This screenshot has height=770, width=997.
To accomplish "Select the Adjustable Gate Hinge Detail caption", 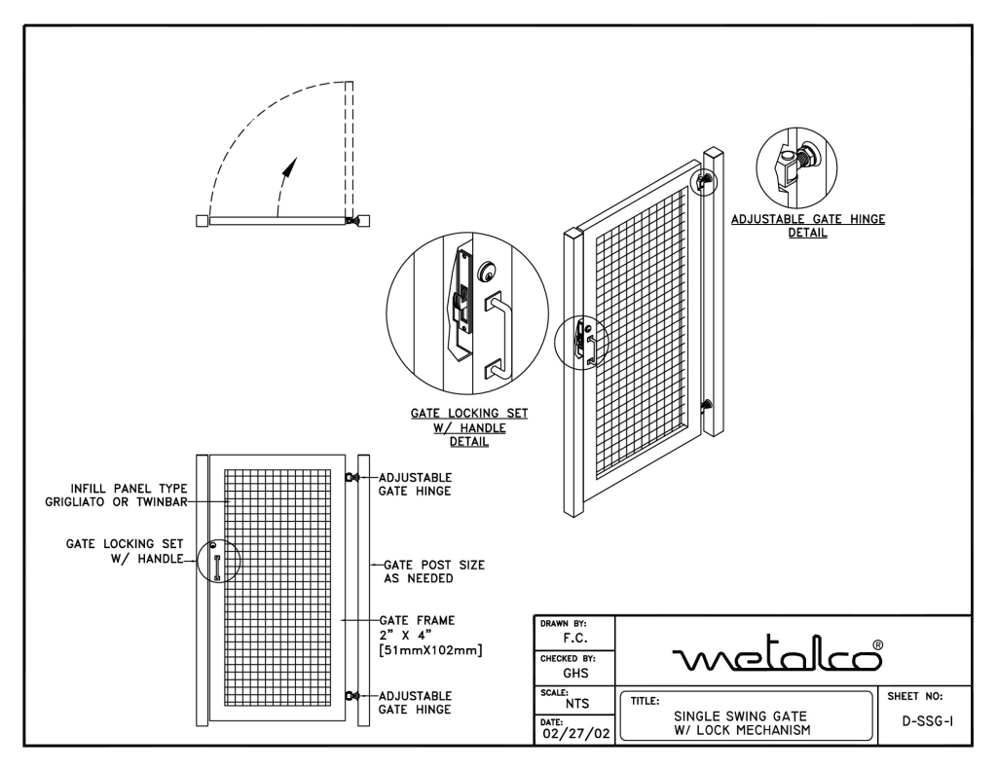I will click(x=807, y=226).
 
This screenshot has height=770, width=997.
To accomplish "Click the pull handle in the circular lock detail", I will click(x=499, y=335).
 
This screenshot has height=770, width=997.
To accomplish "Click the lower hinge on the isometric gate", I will click(x=707, y=404).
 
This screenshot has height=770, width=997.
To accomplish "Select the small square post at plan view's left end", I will click(x=201, y=221).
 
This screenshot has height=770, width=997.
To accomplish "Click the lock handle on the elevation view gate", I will click(x=216, y=566).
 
